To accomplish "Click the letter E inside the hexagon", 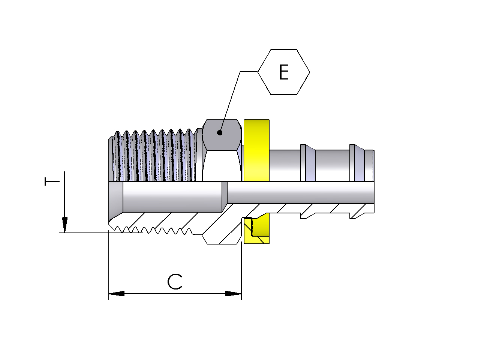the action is pos(284,72).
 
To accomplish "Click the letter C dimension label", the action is pos(175,282).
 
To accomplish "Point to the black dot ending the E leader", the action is pos(220,133).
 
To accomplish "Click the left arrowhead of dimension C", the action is pos(117,294).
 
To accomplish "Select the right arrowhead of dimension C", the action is pos(234,294).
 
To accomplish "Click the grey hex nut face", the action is pos(222,135).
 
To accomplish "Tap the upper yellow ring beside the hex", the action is pos(256,150).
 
